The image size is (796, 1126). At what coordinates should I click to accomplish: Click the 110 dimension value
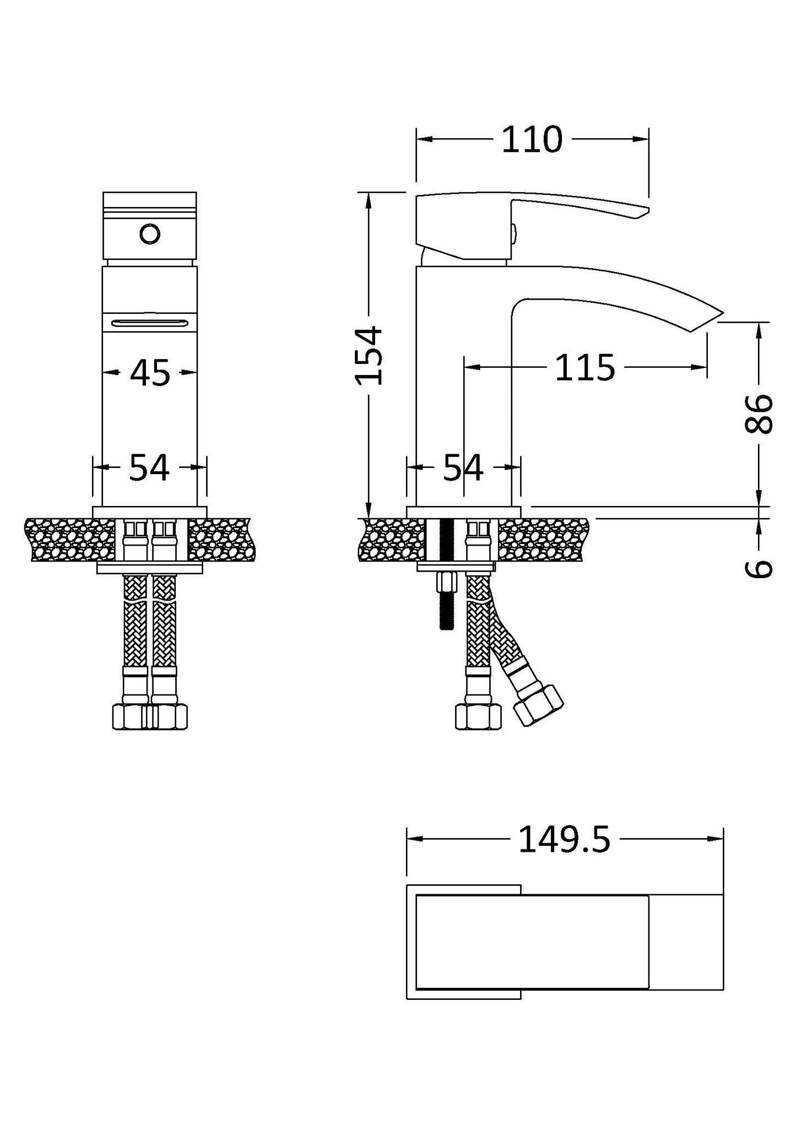pos(532,140)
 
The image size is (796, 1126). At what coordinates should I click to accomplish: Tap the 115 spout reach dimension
pos(584,368)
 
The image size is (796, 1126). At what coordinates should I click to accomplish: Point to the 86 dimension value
pos(759,414)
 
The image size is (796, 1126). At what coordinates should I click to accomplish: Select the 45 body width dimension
pos(150,373)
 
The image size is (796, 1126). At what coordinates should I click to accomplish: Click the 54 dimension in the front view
pos(149,468)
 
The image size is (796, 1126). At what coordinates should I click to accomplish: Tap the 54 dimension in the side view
pos(463,468)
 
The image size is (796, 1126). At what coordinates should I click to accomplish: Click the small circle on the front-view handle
pos(150,235)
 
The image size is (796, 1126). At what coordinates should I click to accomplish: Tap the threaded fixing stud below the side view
pos(445,611)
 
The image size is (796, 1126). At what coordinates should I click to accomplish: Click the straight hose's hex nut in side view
pos(478,717)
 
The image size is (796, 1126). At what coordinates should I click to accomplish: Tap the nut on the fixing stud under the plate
pos(445,581)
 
